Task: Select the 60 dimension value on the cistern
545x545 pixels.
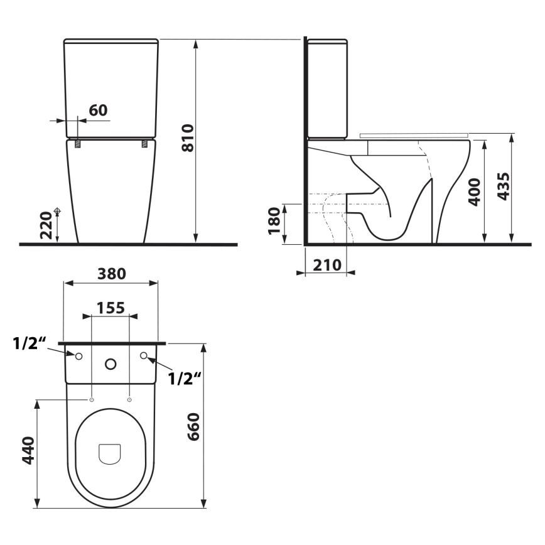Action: click(97, 110)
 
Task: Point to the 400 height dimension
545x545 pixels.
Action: click(475, 192)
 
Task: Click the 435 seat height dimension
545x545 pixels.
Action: click(503, 185)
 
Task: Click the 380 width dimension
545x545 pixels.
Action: click(111, 274)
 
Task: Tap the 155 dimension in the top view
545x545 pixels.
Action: click(111, 307)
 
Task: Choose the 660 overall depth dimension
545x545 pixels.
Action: click(193, 426)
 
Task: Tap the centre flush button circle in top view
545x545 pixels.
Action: click(111, 364)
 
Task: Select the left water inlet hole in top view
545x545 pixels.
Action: click(78, 357)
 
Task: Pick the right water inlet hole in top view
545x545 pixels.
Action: click(144, 356)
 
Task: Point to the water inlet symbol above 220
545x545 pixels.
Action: click(57, 212)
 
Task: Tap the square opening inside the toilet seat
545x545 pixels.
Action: click(110, 453)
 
